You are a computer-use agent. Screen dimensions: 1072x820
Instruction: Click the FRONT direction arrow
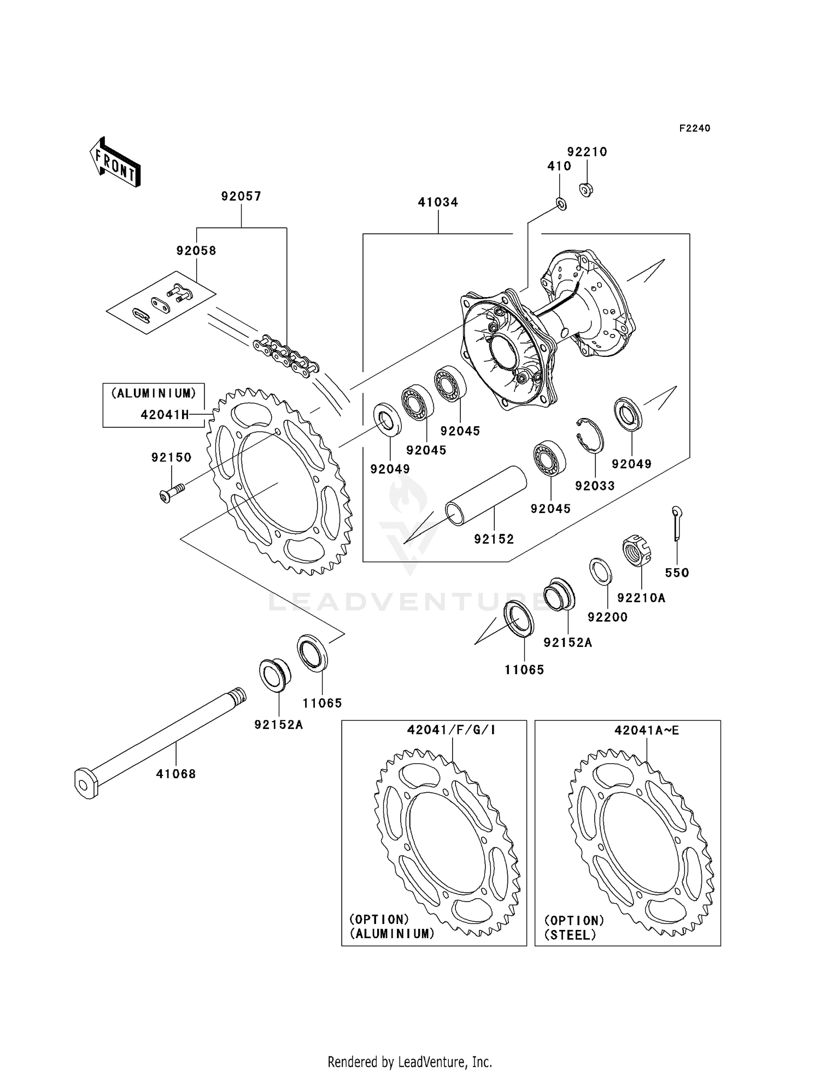point(115,163)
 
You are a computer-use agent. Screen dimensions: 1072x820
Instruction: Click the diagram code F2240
point(694,128)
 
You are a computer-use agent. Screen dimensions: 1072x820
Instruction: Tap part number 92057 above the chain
point(241,196)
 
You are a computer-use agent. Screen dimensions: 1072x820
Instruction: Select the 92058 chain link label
point(196,251)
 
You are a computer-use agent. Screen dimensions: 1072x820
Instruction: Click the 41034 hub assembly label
point(438,202)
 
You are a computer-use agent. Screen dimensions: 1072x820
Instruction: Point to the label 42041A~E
point(646,731)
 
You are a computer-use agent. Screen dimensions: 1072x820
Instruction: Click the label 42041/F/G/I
point(452,730)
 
